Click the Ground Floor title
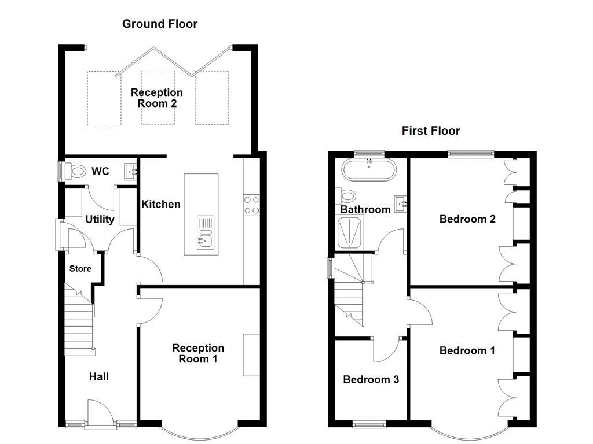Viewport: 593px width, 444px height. (160, 24)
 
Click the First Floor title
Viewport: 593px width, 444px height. (431, 131)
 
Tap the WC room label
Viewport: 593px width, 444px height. (100, 171)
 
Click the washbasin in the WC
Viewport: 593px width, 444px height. (130, 172)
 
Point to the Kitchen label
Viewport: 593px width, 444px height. (161, 204)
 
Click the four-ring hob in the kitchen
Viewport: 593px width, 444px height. (251, 205)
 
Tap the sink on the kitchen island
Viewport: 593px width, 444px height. (206, 232)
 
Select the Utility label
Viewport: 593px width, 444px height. (100, 219)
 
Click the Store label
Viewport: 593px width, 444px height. (80, 268)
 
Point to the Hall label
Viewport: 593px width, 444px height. (98, 376)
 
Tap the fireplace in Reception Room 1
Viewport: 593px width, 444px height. (251, 355)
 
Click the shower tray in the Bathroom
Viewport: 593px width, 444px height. (349, 232)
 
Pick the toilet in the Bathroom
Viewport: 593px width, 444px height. (347, 196)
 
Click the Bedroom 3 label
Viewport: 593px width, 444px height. (371, 379)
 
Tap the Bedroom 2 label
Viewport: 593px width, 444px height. (467, 219)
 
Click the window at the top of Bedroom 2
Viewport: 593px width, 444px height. (471, 153)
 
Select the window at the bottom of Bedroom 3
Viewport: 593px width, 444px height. (369, 424)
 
